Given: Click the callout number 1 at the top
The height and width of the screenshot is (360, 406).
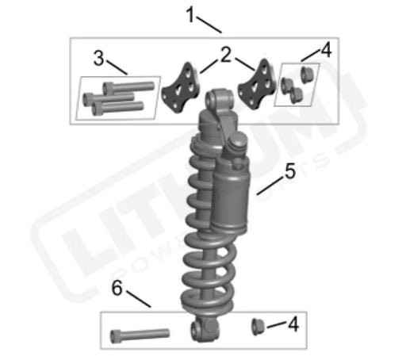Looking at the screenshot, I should click(x=190, y=13).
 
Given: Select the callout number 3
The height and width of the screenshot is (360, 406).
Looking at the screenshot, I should click(x=99, y=58).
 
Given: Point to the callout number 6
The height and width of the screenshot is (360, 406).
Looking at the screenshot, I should click(x=117, y=289).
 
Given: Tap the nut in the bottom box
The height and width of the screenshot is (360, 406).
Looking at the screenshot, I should click(x=259, y=325).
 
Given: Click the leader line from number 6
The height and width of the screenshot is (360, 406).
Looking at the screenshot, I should click(x=140, y=300).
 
